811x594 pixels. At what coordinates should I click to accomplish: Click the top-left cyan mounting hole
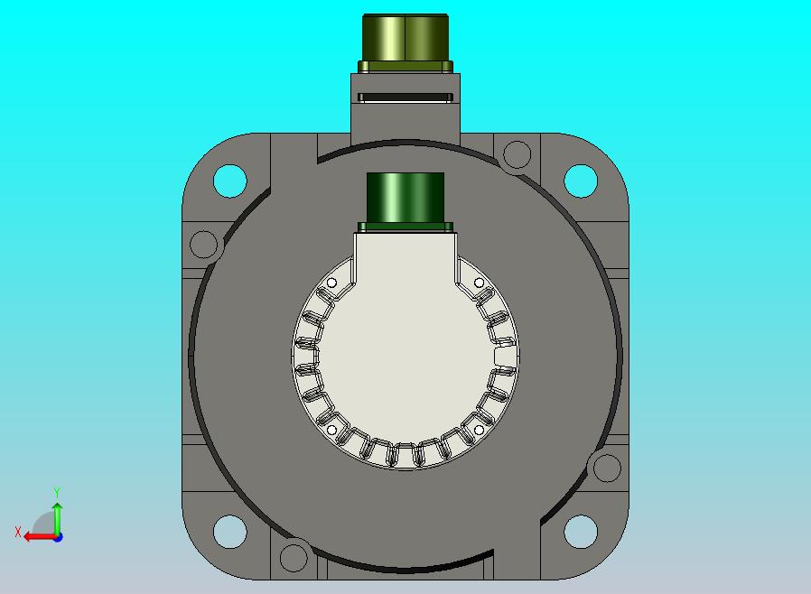point(230,181)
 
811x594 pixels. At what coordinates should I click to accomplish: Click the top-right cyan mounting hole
point(581,181)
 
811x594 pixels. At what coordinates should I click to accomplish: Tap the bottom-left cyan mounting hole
point(230,532)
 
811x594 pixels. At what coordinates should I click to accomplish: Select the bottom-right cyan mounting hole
point(581,532)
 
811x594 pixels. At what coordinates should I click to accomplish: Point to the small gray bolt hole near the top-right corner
point(517,154)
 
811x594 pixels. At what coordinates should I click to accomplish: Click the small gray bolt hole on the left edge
point(204,245)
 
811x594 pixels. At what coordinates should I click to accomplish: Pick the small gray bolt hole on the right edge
point(607,468)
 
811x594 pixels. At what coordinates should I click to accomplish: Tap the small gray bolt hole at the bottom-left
point(294,558)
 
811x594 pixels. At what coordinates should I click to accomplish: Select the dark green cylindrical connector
point(405,201)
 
